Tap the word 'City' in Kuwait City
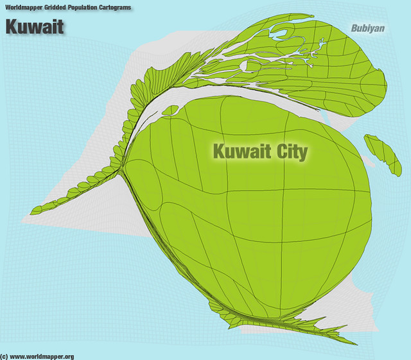(x=283, y=152)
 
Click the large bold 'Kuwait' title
(x=35, y=26)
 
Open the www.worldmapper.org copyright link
(x=42, y=356)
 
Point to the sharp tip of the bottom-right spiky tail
(x=357, y=345)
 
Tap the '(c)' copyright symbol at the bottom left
(x=4, y=356)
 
